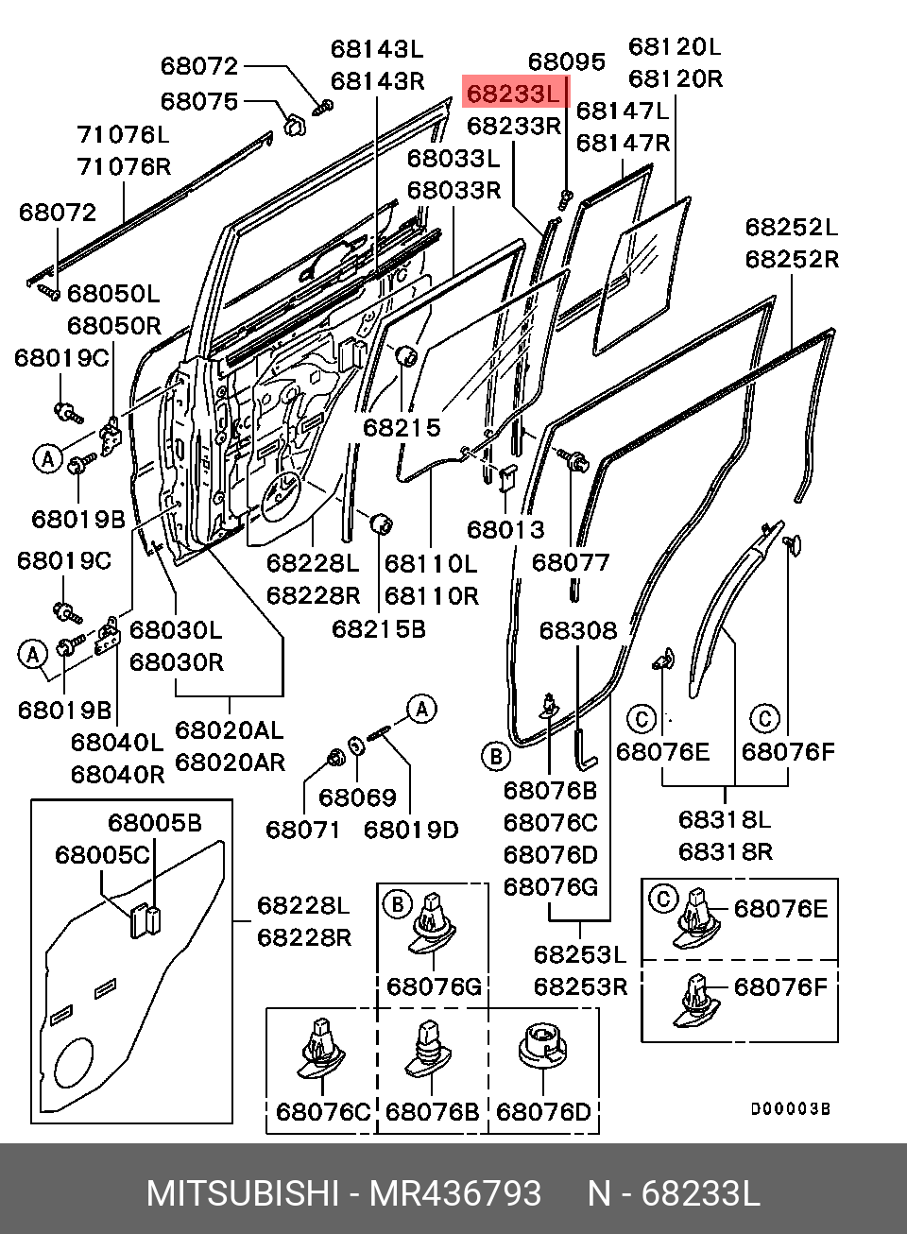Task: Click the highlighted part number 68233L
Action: click(516, 94)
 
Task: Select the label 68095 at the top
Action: click(566, 62)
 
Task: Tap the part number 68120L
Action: click(675, 46)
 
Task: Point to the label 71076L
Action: click(123, 135)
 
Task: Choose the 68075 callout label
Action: click(199, 101)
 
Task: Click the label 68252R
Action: click(792, 259)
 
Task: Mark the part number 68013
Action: click(506, 530)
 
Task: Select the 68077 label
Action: click(571, 562)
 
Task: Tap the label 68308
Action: click(578, 630)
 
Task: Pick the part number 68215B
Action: click(379, 628)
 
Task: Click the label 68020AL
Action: click(230, 730)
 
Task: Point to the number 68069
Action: click(357, 797)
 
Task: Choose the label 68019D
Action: click(411, 830)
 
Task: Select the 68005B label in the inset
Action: click(154, 823)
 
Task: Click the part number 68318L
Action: click(725, 819)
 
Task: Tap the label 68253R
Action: click(580, 986)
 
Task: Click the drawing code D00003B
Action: click(790, 1109)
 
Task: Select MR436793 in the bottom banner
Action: click(455, 1193)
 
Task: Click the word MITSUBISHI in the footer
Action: click(242, 1193)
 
